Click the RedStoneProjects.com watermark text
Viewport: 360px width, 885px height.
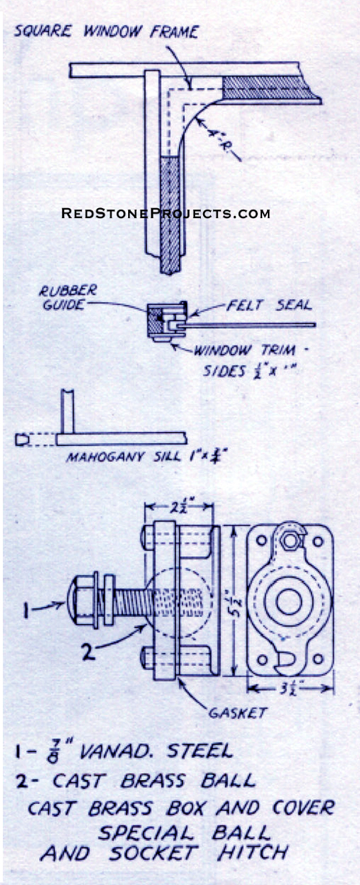point(166,213)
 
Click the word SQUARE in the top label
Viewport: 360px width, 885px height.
point(42,31)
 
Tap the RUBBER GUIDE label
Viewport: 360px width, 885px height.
point(68,297)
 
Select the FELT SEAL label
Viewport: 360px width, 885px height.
point(269,305)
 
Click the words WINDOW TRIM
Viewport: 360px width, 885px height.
point(244,351)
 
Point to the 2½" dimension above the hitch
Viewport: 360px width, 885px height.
point(180,506)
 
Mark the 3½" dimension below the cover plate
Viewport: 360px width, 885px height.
point(289,688)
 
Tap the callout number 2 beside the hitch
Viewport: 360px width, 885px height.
point(88,652)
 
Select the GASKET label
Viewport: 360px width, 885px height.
point(238,712)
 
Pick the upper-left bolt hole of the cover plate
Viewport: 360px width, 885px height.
point(261,540)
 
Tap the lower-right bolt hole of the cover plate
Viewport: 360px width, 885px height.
point(318,659)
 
